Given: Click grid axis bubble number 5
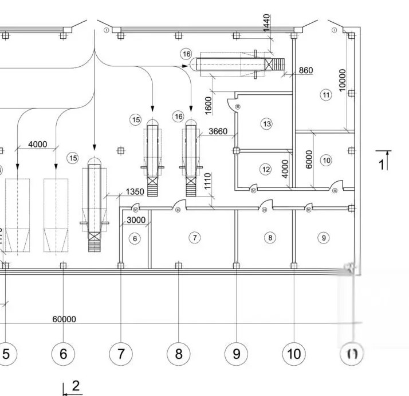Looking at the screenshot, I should point(6,354).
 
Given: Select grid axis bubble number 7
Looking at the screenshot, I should point(121,354).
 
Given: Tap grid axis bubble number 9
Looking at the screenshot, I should point(236,354).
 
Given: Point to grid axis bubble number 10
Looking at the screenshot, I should point(294,354).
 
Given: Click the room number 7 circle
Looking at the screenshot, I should point(195,237).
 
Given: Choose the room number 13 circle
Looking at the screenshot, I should point(266,123).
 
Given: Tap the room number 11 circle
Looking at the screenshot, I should point(327,95).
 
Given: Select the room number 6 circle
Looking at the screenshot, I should point(135,239).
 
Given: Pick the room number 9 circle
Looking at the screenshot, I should point(324,237).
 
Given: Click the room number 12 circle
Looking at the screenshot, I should point(265,169).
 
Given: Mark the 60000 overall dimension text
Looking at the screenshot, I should point(64,319).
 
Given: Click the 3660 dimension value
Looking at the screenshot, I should point(218,131).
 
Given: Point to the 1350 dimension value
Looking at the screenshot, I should point(134,192).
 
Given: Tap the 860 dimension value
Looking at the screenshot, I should point(306,70).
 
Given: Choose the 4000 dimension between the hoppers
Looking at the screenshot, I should point(37,144).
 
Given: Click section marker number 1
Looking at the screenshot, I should point(382,165).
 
